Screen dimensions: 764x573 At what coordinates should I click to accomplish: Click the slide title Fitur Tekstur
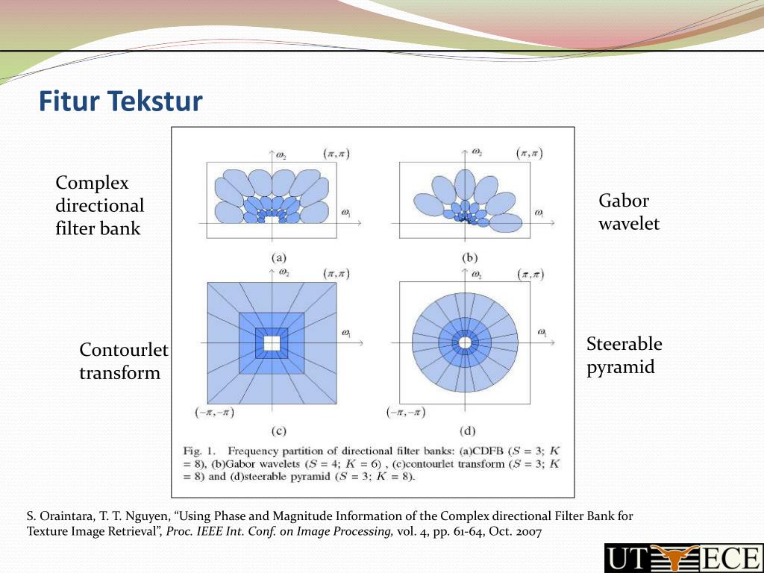point(120,101)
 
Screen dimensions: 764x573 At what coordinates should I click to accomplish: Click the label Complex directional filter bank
point(99,205)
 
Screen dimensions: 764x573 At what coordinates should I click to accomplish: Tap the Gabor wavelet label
point(629,212)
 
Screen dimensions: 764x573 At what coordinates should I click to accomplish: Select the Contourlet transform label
point(124,361)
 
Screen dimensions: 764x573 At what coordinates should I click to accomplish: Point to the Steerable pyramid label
point(624,356)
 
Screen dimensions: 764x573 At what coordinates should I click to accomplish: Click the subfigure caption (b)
point(469,258)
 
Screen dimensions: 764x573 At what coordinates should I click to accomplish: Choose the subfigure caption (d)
point(467,430)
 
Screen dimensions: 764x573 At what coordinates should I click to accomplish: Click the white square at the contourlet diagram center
point(272,343)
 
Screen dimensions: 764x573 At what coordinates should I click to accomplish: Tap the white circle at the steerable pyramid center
point(465,342)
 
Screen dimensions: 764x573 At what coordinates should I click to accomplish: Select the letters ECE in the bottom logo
point(727,558)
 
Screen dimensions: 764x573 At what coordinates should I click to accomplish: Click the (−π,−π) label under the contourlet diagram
point(214,413)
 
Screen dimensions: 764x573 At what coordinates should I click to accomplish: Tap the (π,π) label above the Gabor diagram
point(529,154)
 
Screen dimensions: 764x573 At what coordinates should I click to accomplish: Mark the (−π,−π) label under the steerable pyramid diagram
point(406,413)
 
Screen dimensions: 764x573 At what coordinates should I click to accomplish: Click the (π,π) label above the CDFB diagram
point(336,154)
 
